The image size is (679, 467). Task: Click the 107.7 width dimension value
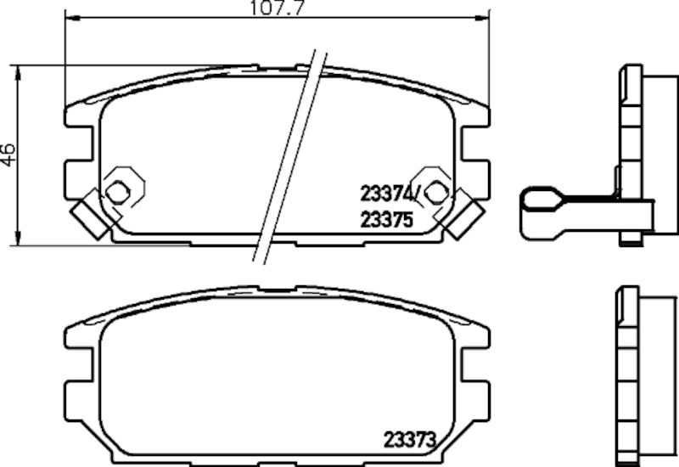277,11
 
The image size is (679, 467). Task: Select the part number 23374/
388,194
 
